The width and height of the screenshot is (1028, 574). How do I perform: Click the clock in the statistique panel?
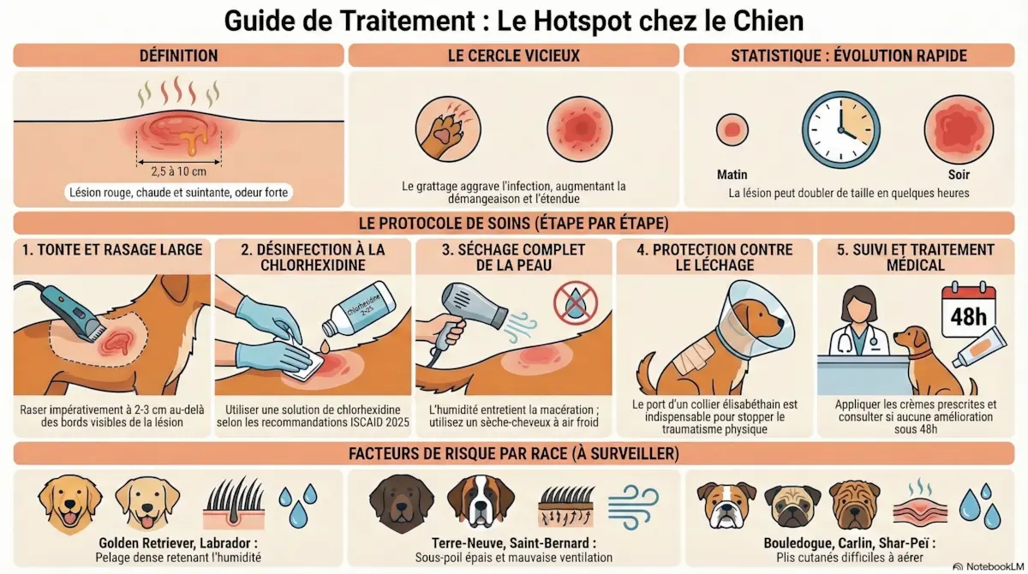tap(840, 129)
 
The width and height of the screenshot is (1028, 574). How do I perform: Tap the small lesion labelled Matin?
tap(732, 130)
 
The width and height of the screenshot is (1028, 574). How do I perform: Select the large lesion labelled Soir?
tap(959, 129)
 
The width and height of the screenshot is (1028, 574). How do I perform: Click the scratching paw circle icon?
tap(448, 129)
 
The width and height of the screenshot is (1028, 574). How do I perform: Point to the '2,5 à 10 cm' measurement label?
tap(178, 171)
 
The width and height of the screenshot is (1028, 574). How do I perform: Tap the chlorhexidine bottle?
tap(358, 308)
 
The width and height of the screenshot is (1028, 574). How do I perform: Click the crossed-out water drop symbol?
tap(576, 303)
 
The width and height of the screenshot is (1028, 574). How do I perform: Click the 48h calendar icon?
tap(968, 311)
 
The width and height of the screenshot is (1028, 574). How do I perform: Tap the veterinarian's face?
tap(859, 308)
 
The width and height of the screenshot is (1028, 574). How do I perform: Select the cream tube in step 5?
tap(980, 347)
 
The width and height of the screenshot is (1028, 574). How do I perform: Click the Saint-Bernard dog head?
tap(481, 501)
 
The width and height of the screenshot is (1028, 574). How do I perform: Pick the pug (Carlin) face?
tap(792, 505)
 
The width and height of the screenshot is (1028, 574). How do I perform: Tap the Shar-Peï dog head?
tap(854, 505)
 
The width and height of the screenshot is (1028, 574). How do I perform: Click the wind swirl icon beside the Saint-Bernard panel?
tap(633, 507)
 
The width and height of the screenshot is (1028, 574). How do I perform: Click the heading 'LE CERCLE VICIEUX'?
tap(513, 56)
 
